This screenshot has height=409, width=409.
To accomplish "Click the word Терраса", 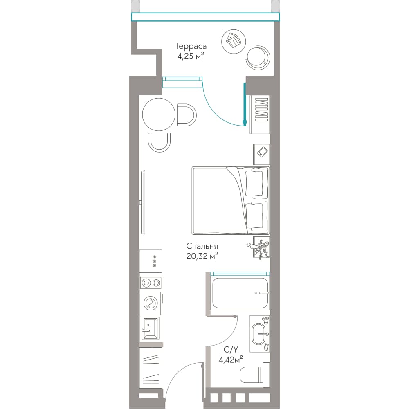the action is tap(191, 46).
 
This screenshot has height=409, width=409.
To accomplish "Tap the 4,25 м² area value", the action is tap(191, 56).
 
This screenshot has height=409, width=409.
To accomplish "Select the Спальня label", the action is tap(202, 246).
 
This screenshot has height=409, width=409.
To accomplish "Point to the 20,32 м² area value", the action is tap(202, 256).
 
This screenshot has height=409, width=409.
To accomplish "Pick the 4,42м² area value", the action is tap(231, 360).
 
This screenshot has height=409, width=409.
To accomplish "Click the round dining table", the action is tap(159, 114).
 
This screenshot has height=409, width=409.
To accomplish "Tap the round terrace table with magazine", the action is tap(233, 40).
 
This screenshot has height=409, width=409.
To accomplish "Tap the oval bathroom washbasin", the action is tap(260, 334).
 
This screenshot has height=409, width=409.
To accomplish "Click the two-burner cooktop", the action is tap(151, 283).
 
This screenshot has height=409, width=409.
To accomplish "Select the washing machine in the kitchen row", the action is tap(151, 303).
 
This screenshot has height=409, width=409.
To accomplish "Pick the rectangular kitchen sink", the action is tap(150, 328).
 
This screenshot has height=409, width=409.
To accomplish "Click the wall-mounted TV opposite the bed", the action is tap(143, 202).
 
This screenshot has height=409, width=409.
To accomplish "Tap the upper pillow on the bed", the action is tap(254, 183).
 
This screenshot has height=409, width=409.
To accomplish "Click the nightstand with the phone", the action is tap(261, 154).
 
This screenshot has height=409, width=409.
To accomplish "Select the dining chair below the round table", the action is tap(159, 142).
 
